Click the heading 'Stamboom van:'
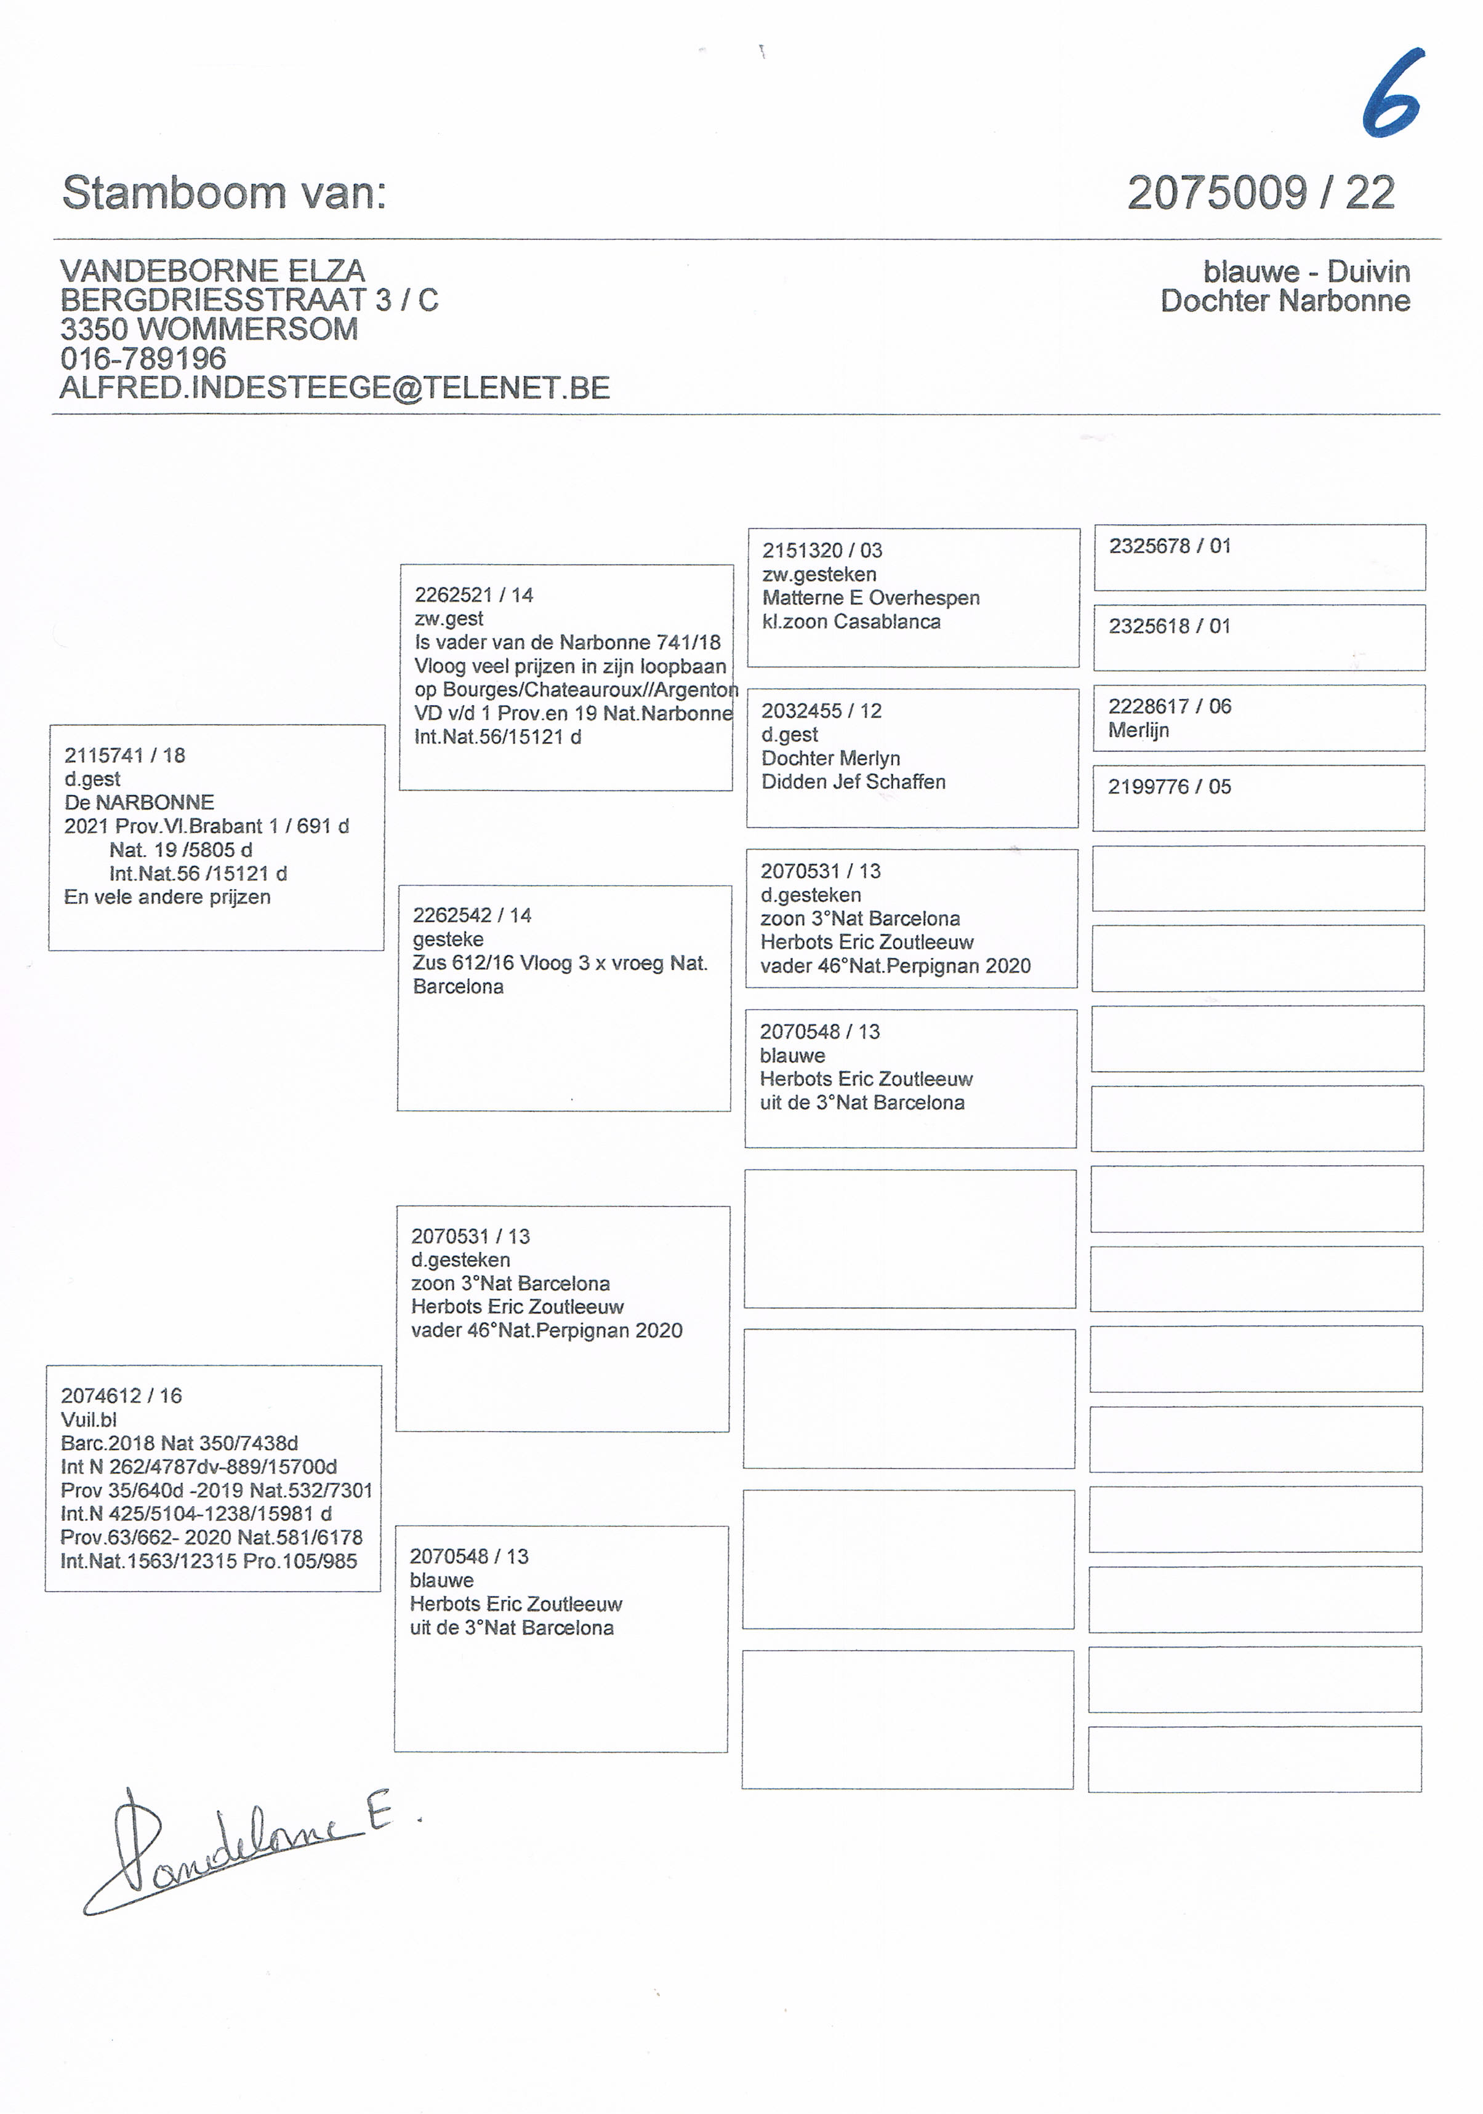(224, 193)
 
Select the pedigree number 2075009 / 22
(1260, 193)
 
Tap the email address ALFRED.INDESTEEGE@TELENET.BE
(334, 388)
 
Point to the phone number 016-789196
(143, 358)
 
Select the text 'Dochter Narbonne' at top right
(1284, 301)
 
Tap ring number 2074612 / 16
(122, 1396)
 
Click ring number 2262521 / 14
(473, 595)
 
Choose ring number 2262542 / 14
(472, 915)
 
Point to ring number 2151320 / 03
(822, 551)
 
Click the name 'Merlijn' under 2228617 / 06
(1138, 730)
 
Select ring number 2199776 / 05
(1169, 788)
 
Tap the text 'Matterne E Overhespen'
(870, 597)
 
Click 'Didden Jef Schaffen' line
(853, 782)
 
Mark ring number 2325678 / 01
(1170, 546)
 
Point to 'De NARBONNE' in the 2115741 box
(139, 802)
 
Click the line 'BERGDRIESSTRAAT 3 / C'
(249, 300)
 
